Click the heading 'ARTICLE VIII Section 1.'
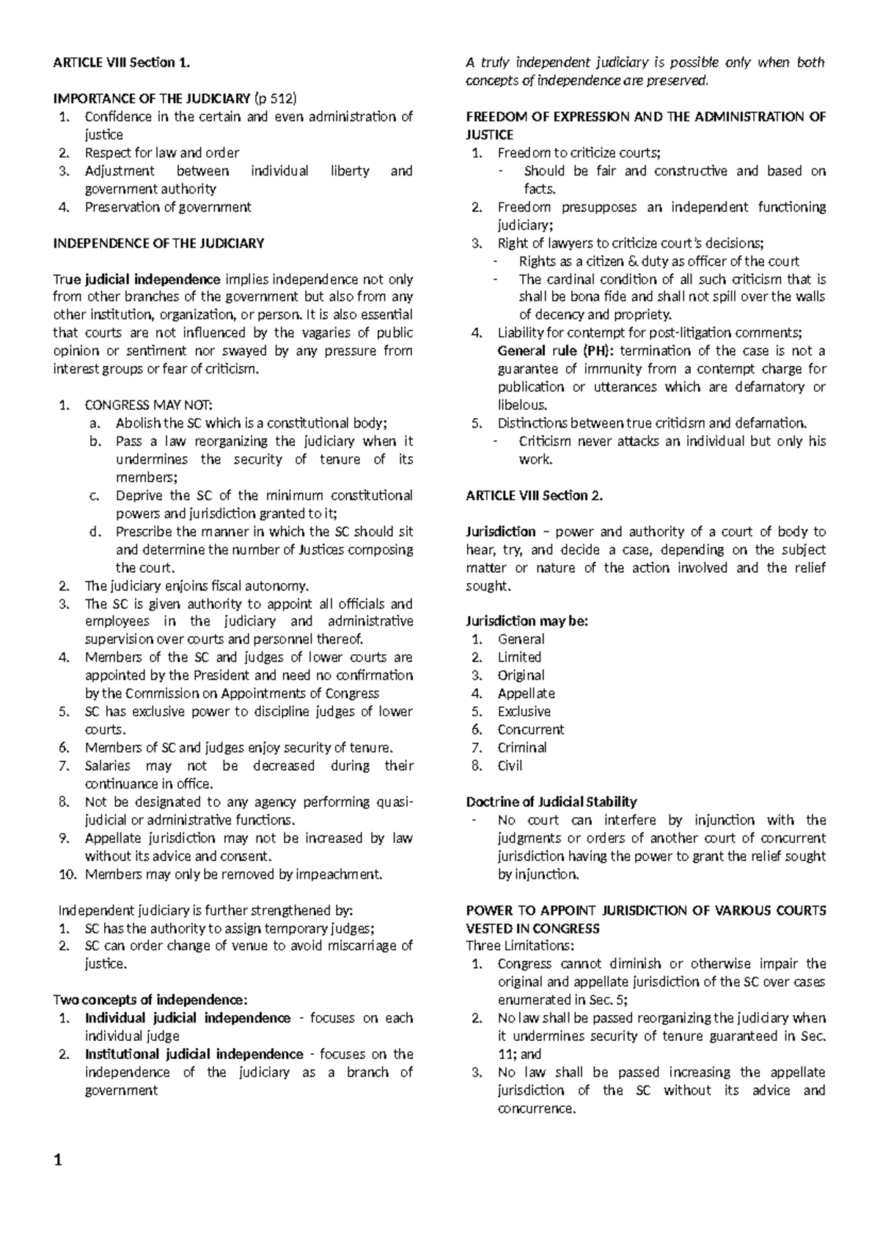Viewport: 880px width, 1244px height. pos(122,62)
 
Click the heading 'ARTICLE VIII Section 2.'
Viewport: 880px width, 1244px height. pos(535,495)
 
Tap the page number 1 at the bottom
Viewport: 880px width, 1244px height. pos(59,1161)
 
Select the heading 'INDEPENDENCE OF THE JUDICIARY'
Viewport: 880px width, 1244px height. pos(158,243)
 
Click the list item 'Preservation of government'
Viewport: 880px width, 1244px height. pos(168,207)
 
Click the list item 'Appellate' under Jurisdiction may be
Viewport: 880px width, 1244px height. pos(526,693)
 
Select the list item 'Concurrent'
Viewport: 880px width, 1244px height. pos(530,729)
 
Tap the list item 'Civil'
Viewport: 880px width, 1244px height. pos(510,765)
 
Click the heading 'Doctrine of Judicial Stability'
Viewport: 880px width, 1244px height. pos(551,802)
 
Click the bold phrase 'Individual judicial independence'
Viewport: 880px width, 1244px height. pos(188,1017)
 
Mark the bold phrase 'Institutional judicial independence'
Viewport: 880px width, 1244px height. pos(194,1054)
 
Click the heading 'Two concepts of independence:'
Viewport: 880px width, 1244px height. pos(151,999)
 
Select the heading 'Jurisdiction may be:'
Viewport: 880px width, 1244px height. pos(527,621)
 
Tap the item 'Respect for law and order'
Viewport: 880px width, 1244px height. pos(162,153)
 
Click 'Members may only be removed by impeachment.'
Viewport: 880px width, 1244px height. pos(234,874)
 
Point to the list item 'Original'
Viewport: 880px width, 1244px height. pos(521,675)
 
